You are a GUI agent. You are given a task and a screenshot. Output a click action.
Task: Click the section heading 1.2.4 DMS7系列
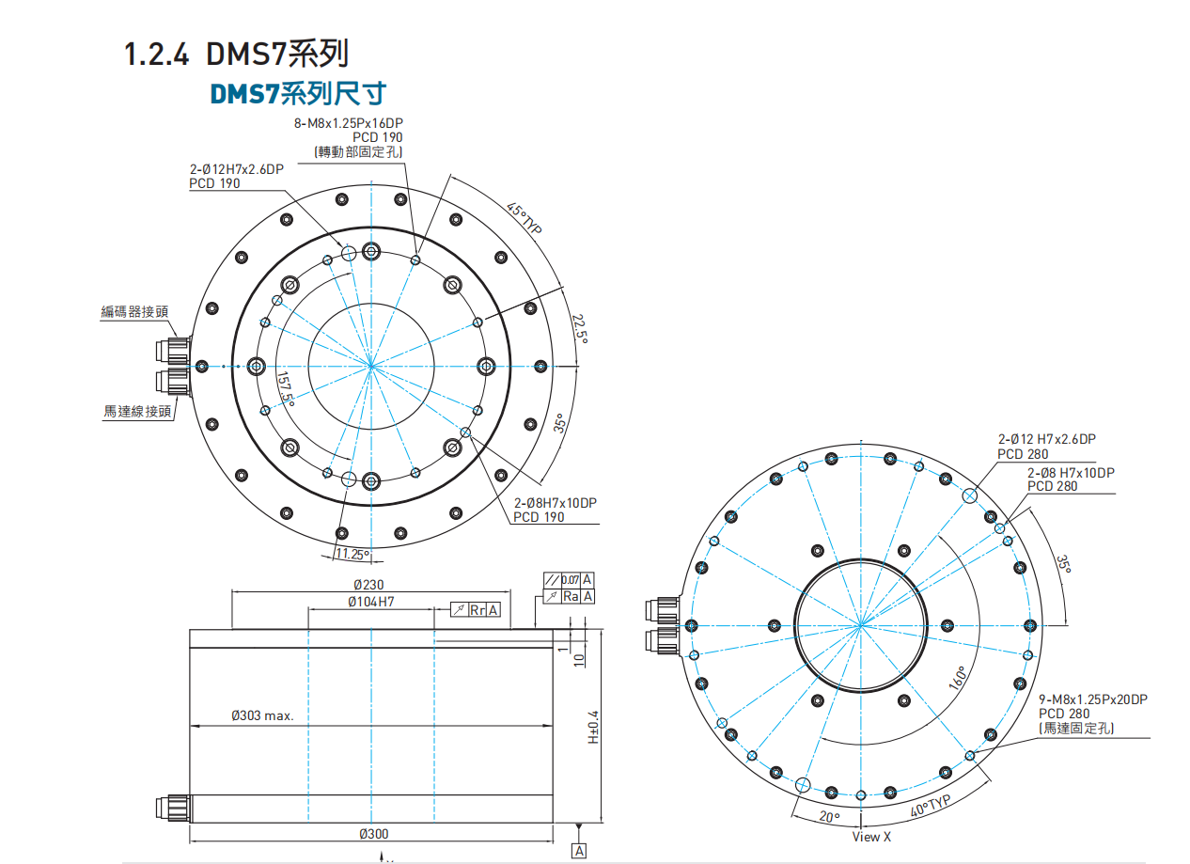(237, 54)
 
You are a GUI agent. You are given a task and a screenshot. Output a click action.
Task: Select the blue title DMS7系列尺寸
(298, 93)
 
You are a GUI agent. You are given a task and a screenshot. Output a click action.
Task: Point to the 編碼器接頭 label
(135, 312)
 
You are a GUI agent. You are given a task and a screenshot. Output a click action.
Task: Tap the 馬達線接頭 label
(137, 411)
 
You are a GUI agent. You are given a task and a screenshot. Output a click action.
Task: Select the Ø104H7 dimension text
(370, 602)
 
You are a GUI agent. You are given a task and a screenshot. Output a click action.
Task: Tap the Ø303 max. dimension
(263, 715)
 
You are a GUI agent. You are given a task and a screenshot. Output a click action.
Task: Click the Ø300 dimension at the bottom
(373, 834)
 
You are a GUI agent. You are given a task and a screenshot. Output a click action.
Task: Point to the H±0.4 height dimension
(593, 727)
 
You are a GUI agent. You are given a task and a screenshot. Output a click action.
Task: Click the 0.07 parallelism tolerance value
(570, 579)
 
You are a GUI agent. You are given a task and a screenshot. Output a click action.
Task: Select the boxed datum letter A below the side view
(579, 851)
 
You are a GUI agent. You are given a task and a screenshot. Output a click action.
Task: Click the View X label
(871, 836)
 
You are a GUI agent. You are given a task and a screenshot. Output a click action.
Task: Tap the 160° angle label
(959, 679)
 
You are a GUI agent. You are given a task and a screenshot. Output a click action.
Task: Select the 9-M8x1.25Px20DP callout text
(1093, 699)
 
